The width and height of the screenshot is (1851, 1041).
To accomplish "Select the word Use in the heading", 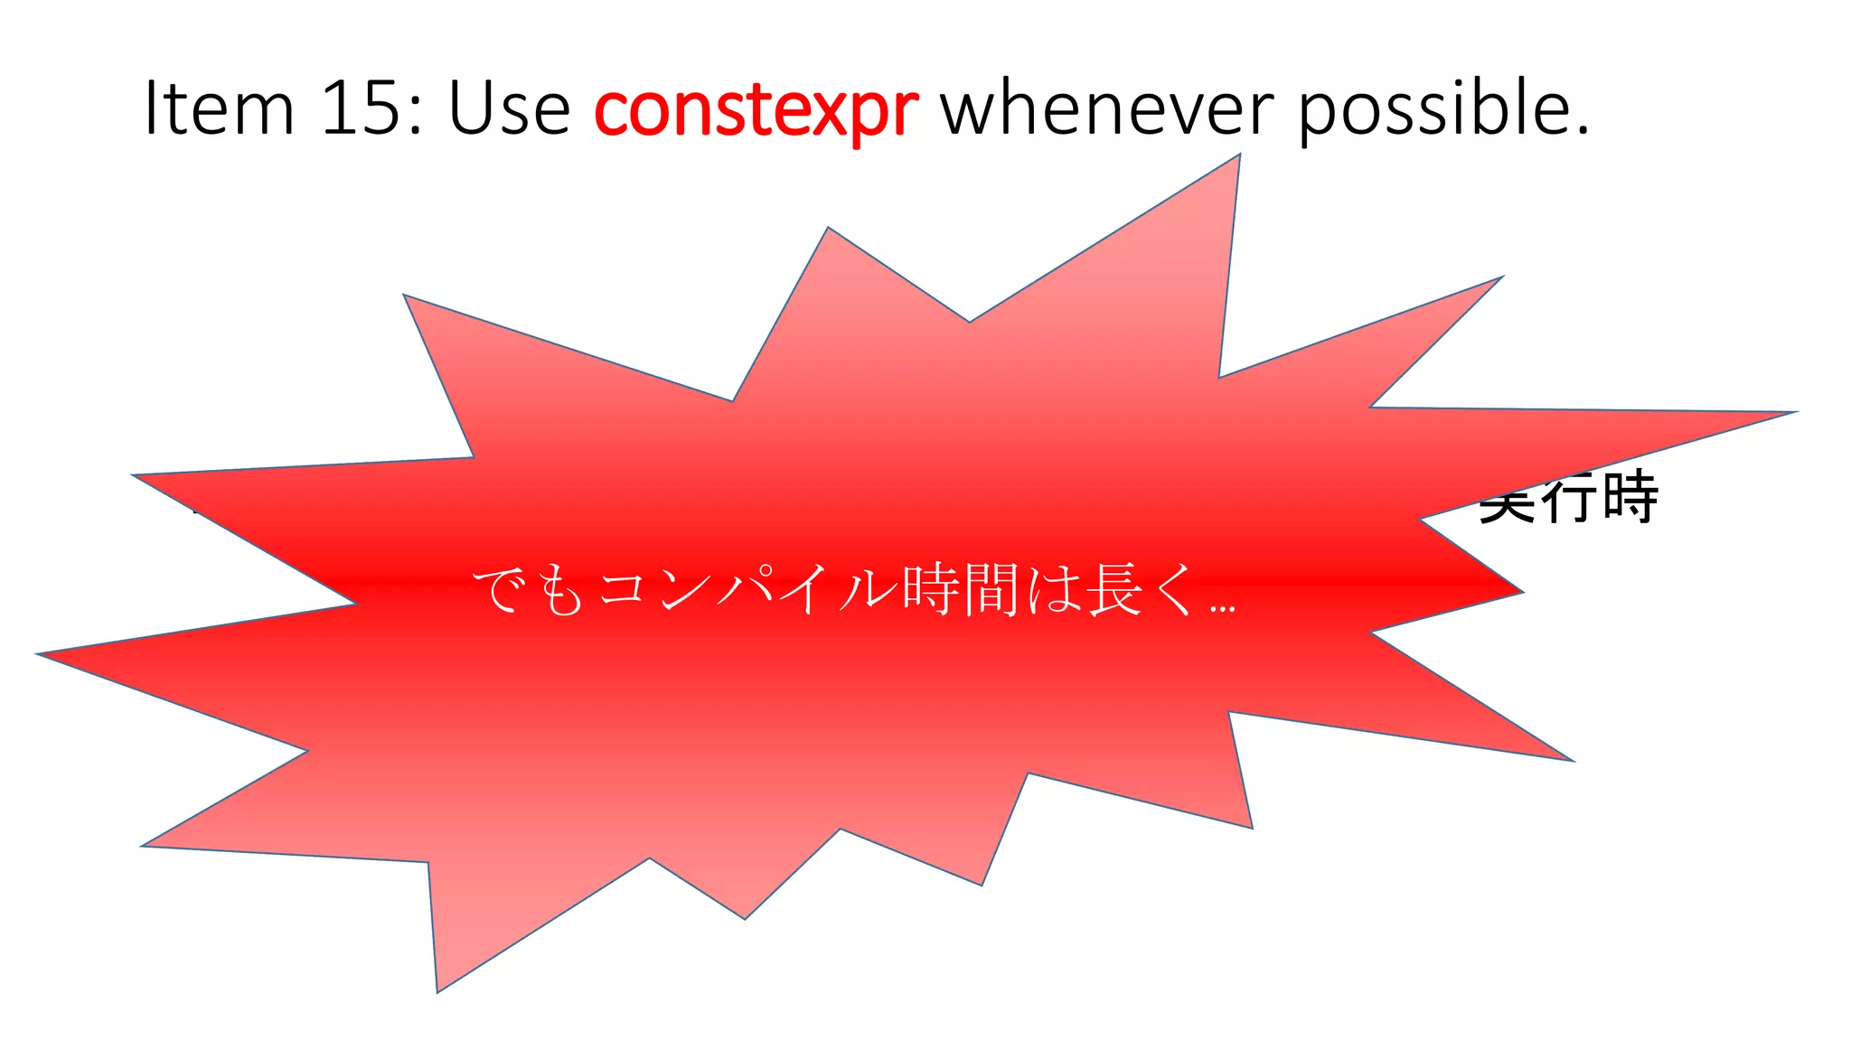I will pos(509,108).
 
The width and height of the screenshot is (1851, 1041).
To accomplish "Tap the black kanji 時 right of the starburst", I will pos(1630,497).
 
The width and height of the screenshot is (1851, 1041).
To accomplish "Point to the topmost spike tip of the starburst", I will pos(1238,156).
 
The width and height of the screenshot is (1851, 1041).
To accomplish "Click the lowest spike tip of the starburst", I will pos(437,990).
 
